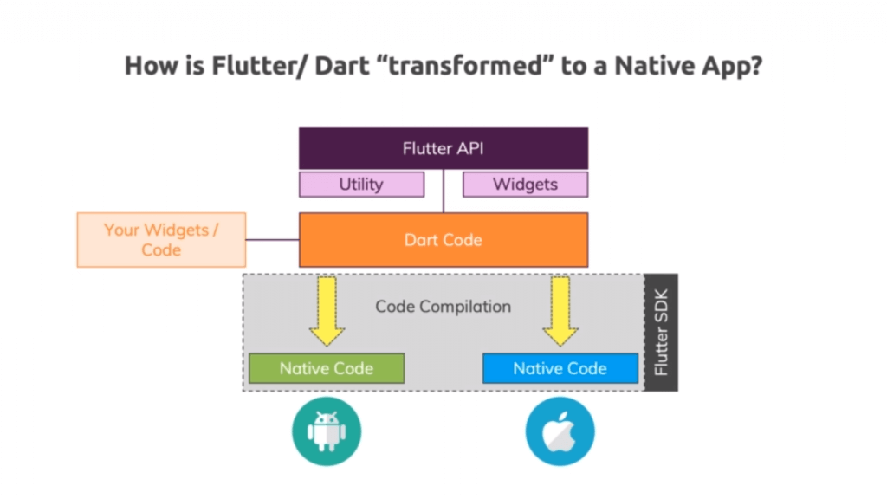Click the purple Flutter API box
tap(443, 148)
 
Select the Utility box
tap(361, 185)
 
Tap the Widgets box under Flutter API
tap(525, 185)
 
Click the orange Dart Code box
tap(443, 240)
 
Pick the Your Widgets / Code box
tap(161, 240)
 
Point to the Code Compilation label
tap(443, 307)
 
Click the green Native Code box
tap(327, 368)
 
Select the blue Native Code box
tap(560, 368)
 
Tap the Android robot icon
tap(327, 431)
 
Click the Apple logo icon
tap(560, 431)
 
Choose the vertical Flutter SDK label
tap(662, 333)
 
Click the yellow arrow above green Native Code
tap(327, 312)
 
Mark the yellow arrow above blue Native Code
tap(560, 312)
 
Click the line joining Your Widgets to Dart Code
tap(272, 240)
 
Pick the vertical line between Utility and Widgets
tap(443, 191)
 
